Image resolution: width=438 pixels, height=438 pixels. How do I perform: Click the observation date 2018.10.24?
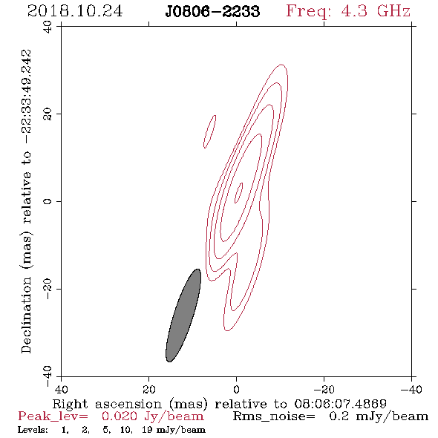[75, 11]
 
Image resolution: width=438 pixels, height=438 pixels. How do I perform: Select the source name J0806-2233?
[212, 12]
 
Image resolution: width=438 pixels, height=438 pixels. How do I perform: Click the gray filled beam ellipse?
[183, 316]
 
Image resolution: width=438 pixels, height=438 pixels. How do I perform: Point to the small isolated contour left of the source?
[209, 131]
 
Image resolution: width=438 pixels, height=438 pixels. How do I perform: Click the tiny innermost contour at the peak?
[238, 193]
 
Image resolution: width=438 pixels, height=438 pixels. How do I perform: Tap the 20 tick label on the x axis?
[148, 389]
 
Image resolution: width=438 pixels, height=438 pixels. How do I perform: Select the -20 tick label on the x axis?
[324, 389]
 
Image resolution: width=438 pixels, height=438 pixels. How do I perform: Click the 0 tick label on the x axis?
[236, 389]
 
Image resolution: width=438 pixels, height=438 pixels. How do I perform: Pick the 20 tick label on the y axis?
[48, 114]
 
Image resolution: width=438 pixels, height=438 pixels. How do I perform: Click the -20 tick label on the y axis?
[48, 289]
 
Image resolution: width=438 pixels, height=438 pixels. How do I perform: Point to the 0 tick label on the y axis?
[48, 201]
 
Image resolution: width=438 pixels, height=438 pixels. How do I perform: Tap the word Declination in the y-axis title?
[26, 315]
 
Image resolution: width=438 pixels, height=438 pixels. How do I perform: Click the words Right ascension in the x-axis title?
[107, 404]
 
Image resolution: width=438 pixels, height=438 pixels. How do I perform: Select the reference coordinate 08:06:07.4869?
[340, 404]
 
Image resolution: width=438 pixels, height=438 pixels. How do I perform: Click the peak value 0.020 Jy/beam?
[152, 416]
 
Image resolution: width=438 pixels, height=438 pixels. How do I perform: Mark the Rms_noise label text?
[274, 416]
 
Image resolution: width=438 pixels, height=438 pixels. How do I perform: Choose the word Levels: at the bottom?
[33, 430]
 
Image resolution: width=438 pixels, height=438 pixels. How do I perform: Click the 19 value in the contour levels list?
[147, 430]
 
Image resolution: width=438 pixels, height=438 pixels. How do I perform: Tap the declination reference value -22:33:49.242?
[27, 97]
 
